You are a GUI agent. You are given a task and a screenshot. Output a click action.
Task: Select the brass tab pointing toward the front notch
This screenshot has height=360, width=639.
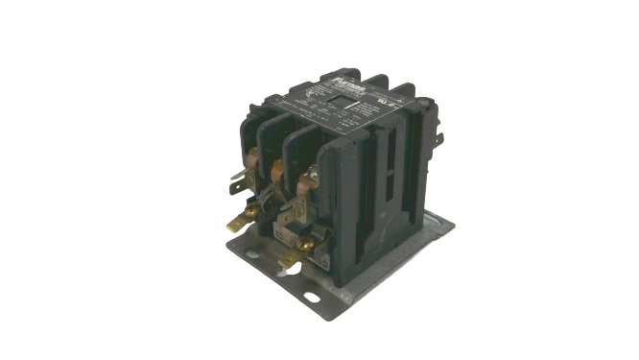coord(287,259)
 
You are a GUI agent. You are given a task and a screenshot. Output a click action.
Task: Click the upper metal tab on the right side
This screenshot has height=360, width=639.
coord(439,140)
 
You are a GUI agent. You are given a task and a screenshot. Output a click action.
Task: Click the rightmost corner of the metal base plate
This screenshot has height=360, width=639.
coord(453,227)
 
